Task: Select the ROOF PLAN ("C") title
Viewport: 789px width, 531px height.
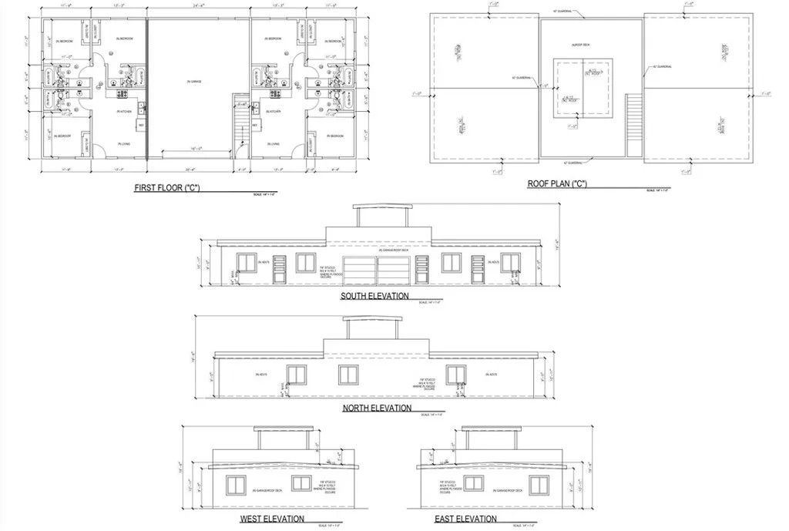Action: coord(557,183)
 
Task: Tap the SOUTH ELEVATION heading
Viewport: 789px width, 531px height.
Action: coord(374,296)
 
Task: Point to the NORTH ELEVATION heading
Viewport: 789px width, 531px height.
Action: coord(376,408)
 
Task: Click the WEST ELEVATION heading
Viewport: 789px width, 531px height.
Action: coord(272,519)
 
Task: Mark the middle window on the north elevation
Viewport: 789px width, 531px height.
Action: coord(348,375)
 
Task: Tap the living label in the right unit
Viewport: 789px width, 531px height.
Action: coord(273,144)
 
